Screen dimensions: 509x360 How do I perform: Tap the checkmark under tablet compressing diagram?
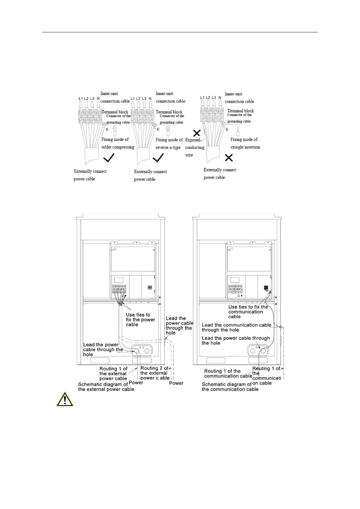[x=109, y=157]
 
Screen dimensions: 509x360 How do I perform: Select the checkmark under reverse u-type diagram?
[x=159, y=157]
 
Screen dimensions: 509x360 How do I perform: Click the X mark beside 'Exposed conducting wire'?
[x=197, y=133]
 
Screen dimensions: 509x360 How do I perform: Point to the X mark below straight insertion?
[x=229, y=157]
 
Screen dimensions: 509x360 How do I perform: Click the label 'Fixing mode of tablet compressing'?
[x=118, y=143]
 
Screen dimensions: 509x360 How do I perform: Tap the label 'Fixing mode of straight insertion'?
[x=245, y=143]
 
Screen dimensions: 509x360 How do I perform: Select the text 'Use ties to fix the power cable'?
[x=140, y=319]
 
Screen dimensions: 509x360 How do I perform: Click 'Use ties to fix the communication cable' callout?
[x=248, y=312]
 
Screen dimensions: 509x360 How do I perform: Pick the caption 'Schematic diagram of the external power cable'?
[x=106, y=387]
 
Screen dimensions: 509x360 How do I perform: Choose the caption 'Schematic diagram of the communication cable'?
[x=230, y=387]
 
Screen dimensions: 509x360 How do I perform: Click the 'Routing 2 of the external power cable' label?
[x=155, y=373]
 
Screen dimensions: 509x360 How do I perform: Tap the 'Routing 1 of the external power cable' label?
[x=113, y=374]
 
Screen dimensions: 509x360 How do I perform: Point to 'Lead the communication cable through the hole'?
[x=236, y=327]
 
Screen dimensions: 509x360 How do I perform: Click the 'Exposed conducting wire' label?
[x=194, y=148]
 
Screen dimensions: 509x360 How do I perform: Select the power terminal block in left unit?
[x=119, y=289]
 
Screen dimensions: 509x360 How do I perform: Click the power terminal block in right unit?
[x=235, y=289]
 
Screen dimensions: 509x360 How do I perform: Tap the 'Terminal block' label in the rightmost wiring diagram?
[x=241, y=111]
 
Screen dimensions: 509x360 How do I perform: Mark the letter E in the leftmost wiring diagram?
[x=107, y=129]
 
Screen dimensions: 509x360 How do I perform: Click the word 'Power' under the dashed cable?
[x=176, y=383]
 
